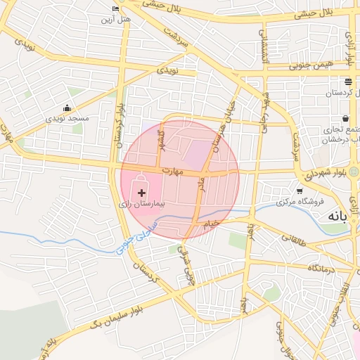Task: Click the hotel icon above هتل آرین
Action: click(x=117, y=8)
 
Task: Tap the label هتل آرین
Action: click(x=117, y=18)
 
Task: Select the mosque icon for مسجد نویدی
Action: click(x=67, y=108)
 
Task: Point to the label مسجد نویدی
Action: click(x=67, y=118)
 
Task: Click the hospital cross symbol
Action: click(x=142, y=192)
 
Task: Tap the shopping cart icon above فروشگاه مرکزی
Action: click(x=300, y=191)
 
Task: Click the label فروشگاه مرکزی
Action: click(x=300, y=201)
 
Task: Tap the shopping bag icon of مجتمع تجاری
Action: click(x=346, y=119)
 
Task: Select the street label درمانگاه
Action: click(x=319, y=269)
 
